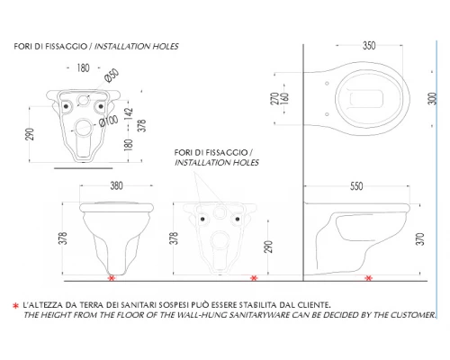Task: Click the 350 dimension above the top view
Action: pyautogui.click(x=369, y=46)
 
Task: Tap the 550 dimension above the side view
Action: pyautogui.click(x=356, y=186)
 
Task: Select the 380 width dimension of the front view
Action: pyautogui.click(x=116, y=185)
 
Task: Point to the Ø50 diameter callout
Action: pyautogui.click(x=112, y=75)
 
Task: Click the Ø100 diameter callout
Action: pyautogui.click(x=109, y=121)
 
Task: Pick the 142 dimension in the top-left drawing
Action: pyautogui.click(x=129, y=113)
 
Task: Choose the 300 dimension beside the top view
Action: pyautogui.click(x=432, y=99)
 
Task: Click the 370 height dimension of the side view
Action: pyautogui.click(x=420, y=239)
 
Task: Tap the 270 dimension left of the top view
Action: pyautogui.click(x=274, y=99)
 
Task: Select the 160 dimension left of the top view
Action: pyautogui.click(x=284, y=99)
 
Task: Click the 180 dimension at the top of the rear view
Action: pyautogui.click(x=83, y=68)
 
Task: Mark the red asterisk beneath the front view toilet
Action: pyautogui.click(x=112, y=278)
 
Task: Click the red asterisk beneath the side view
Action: pyautogui.click(x=369, y=278)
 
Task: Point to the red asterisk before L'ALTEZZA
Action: pyautogui.click(x=16, y=306)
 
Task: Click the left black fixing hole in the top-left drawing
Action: pyautogui.click(x=66, y=106)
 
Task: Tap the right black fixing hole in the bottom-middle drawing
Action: pyautogui.click(x=238, y=219)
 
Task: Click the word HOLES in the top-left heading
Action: pyautogui.click(x=166, y=47)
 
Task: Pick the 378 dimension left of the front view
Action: pyautogui.click(x=63, y=238)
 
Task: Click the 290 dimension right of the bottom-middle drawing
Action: pyautogui.click(x=269, y=247)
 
